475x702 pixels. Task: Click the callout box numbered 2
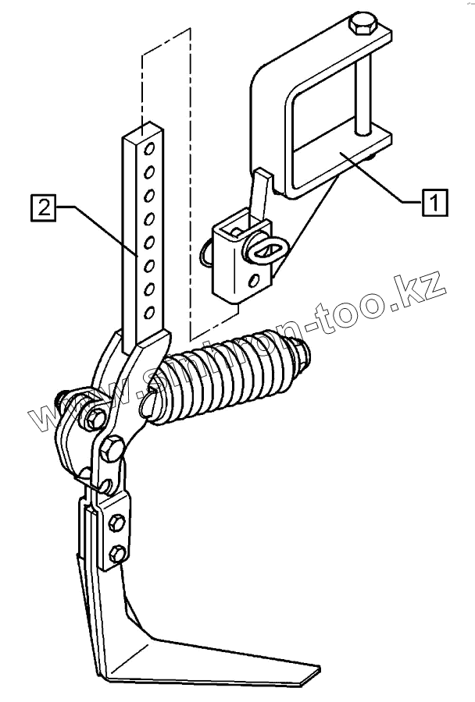43,207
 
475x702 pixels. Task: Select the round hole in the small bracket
254,281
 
